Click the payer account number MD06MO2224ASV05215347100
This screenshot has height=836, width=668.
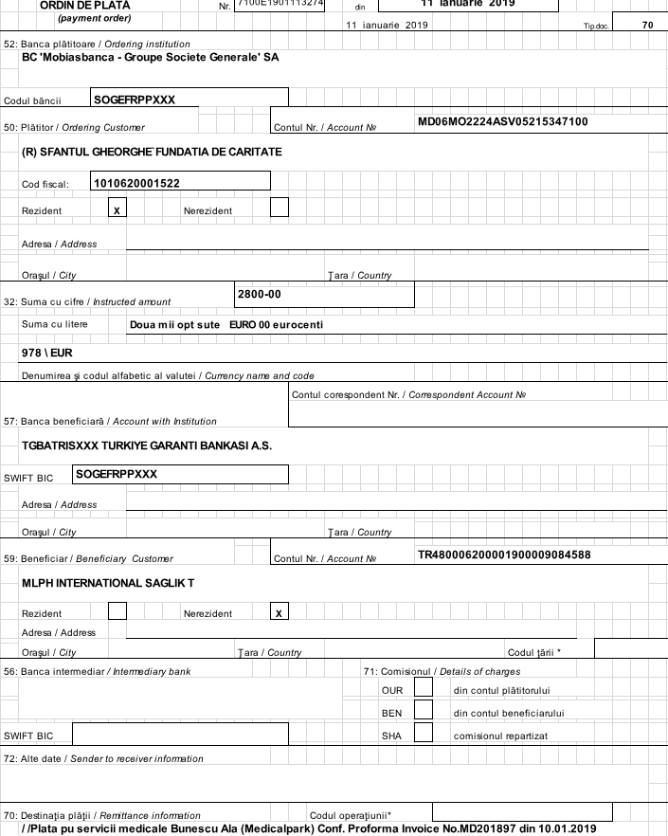[502, 121]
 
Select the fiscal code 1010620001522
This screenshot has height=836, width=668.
[137, 182]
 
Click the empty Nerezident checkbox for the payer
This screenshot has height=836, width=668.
[280, 208]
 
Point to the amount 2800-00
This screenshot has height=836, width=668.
[259, 294]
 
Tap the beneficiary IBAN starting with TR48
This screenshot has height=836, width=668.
[504, 554]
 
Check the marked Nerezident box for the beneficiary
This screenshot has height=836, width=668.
[280, 612]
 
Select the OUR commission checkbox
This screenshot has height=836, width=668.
[424, 686]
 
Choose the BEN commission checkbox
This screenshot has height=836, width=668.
[424, 709]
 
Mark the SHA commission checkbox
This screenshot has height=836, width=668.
[424, 733]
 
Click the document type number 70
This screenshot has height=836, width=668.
[647, 25]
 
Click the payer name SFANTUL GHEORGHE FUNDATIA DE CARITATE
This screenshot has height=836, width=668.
[152, 152]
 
